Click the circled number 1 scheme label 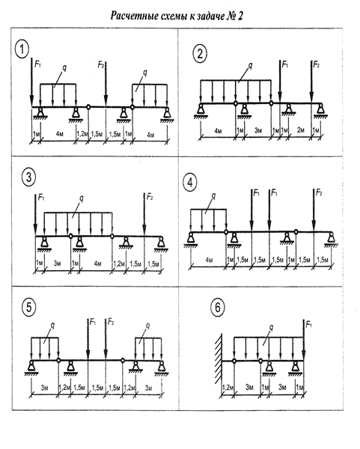click(x=22, y=49)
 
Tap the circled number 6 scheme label click(x=217, y=308)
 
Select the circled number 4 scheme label click(x=190, y=183)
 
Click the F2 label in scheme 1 click(x=101, y=66)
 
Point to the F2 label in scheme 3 click(x=150, y=197)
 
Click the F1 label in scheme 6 click(x=309, y=325)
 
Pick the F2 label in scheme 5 click(x=111, y=322)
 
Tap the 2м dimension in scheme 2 click(x=300, y=130)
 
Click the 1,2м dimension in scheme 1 click(x=82, y=134)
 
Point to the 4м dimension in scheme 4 click(x=210, y=260)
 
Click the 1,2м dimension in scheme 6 click(x=228, y=388)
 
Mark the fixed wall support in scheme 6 click(x=219, y=361)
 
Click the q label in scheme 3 click(x=82, y=198)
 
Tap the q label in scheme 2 click(x=250, y=66)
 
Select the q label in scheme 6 click(x=271, y=327)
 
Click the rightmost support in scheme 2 click(x=320, y=111)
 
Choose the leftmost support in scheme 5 click(x=31, y=367)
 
